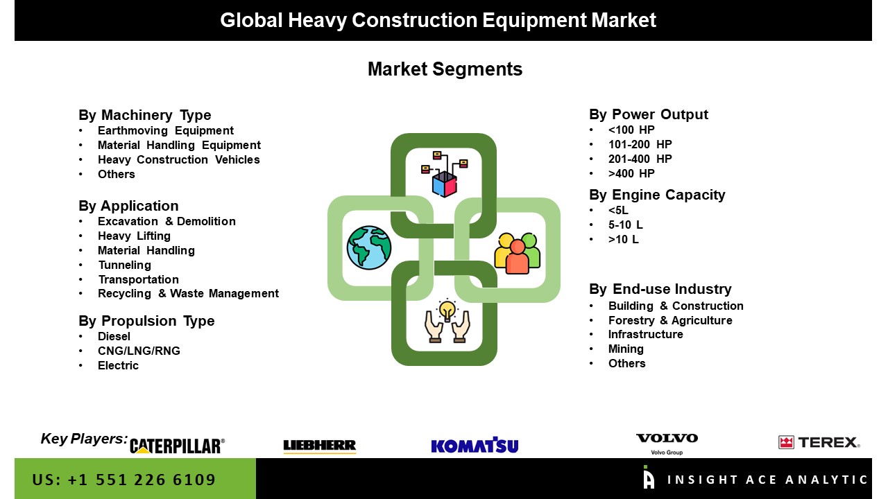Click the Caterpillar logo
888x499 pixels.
point(177,446)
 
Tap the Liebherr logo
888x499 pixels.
point(320,446)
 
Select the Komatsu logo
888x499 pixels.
point(475,445)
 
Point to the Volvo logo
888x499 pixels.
point(667,444)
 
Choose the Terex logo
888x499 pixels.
point(819,442)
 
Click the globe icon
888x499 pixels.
point(368,248)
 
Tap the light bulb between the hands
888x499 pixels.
point(447,310)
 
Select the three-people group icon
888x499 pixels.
point(517,254)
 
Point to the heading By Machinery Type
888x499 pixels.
point(145,115)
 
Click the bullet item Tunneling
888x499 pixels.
point(124,265)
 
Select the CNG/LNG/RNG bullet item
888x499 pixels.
point(139,351)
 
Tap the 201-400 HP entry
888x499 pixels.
point(640,159)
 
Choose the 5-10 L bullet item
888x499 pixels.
point(626,225)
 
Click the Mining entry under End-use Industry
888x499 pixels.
point(626,349)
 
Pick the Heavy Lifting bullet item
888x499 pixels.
point(134,236)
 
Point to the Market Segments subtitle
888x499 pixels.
point(445,69)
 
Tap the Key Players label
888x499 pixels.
point(84,439)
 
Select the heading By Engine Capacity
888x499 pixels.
point(657,195)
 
